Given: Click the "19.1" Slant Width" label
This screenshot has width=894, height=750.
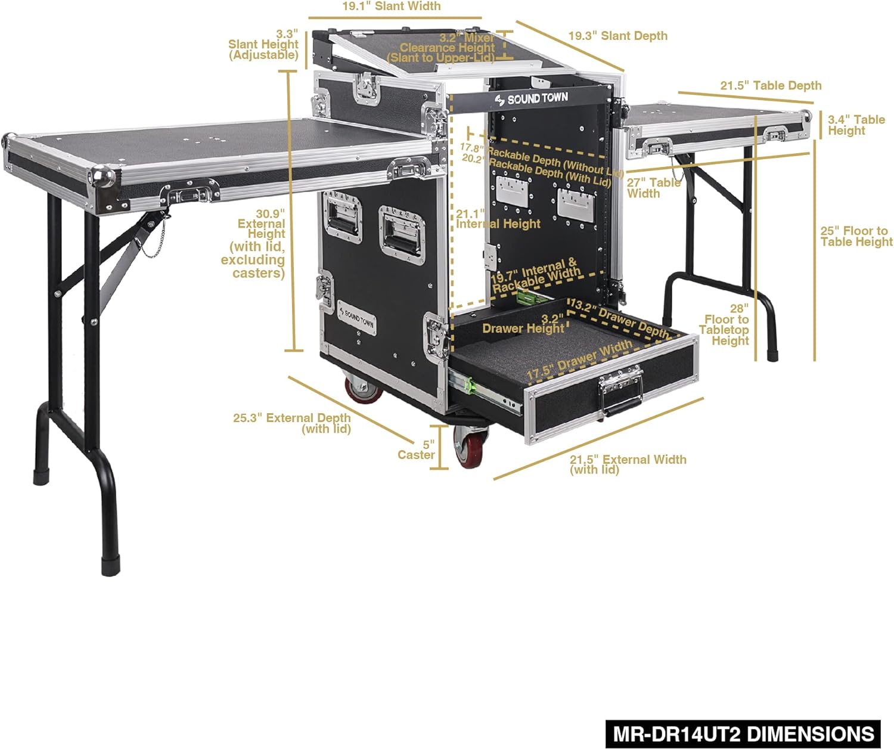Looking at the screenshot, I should click(x=391, y=7).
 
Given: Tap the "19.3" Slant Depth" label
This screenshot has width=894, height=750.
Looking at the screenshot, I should click(x=617, y=36).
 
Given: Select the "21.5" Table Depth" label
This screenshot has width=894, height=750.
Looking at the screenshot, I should click(x=771, y=86).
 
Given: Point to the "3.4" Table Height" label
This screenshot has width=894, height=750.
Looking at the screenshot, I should click(x=856, y=125).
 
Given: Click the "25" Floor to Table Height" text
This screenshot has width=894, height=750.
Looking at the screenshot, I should click(x=856, y=236).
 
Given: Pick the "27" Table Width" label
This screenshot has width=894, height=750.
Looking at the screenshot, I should click(x=653, y=188).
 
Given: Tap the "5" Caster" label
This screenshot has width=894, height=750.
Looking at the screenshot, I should click(x=417, y=450).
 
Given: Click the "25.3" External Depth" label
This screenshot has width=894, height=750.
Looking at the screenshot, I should click(x=292, y=423).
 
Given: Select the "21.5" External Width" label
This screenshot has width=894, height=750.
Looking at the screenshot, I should click(x=628, y=464).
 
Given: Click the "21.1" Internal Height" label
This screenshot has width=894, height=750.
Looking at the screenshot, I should click(x=498, y=219).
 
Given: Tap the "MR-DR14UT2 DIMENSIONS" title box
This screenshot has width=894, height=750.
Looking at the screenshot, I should click(x=743, y=733).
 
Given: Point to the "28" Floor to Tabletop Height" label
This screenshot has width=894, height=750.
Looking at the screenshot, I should click(x=725, y=324).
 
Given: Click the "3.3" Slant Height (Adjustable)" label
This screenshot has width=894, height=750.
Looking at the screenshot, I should click(x=263, y=45).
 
